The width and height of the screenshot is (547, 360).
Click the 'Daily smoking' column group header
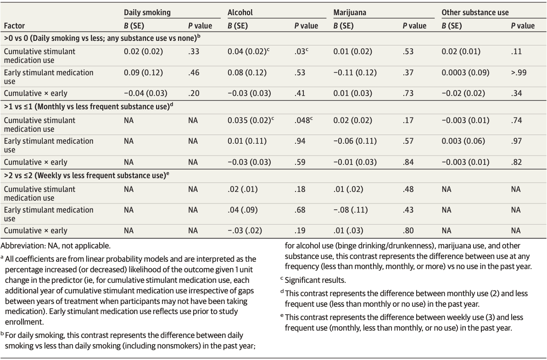pos(147,13)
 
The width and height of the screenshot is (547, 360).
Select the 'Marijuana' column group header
pos(350,13)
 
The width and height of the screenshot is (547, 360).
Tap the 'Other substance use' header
pos(475,13)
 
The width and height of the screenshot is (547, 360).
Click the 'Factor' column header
pos(14,26)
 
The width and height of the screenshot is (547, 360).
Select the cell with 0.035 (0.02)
pos(247,120)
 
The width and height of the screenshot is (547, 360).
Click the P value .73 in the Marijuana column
pos(408,93)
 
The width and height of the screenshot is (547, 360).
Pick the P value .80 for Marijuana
pos(408,231)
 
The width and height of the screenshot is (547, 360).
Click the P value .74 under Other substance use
pos(516,120)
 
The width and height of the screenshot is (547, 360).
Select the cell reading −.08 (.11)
pos(351,210)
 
